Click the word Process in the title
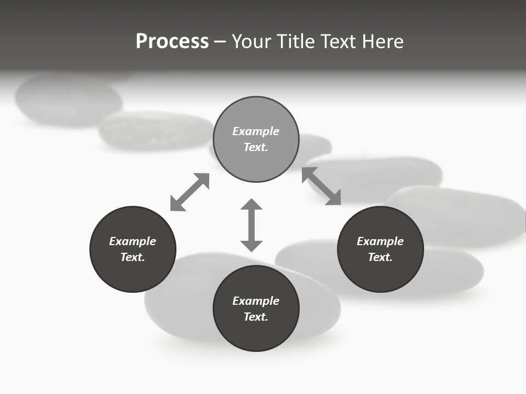tap(172, 42)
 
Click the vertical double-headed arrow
tap(251, 225)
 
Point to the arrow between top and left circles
tap(190, 192)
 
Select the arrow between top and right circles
tap(321, 186)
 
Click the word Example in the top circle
tap(256, 131)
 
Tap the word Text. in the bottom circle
tap(256, 317)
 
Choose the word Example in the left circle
tap(133, 241)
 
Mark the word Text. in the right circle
tap(380, 257)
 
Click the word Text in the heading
tap(340, 42)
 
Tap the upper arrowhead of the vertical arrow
tap(251, 205)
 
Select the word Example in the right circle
tap(380, 241)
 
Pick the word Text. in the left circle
tap(133, 257)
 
